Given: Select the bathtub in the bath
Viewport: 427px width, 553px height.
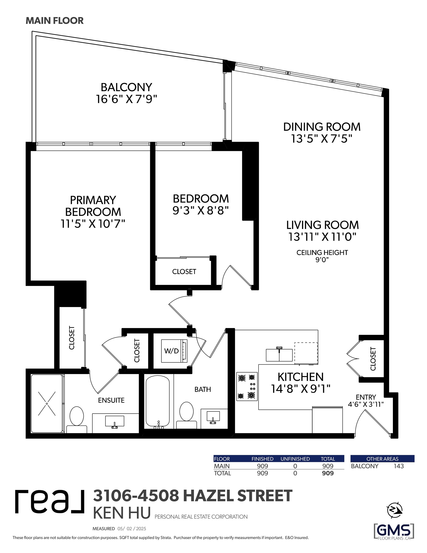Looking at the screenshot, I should [158, 401].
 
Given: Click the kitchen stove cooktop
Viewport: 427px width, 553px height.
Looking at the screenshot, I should [247, 386].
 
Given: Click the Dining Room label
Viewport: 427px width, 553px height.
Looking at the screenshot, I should [322, 127].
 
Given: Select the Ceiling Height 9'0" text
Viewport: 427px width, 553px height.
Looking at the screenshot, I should [322, 256].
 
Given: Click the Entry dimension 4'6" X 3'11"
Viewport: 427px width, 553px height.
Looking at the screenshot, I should [366, 404].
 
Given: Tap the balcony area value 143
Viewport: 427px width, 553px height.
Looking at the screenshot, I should [399, 466].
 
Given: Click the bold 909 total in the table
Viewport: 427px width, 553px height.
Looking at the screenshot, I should [328, 473].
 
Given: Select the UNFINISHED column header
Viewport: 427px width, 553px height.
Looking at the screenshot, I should [295, 459].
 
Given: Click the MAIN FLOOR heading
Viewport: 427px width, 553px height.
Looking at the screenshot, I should [55, 21].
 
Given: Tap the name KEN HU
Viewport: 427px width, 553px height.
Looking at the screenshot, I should [122, 513].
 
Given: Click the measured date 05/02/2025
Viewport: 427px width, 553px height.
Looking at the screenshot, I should [132, 529].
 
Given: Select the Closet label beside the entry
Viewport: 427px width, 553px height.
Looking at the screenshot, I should [373, 359].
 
